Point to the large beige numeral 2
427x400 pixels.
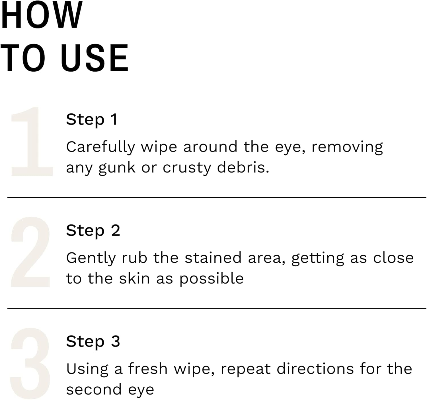coord(31,252)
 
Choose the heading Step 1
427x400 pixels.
coord(92,119)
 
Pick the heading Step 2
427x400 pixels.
coord(93,231)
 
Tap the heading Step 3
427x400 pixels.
coord(93,341)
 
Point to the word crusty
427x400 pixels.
coord(186,168)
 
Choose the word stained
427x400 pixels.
coord(213,258)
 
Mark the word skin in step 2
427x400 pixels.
coord(134,278)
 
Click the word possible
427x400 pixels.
coord(211,279)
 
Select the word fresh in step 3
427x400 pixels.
coord(148,369)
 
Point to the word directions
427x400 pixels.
coord(315,369)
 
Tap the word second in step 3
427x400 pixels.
coord(94,390)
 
